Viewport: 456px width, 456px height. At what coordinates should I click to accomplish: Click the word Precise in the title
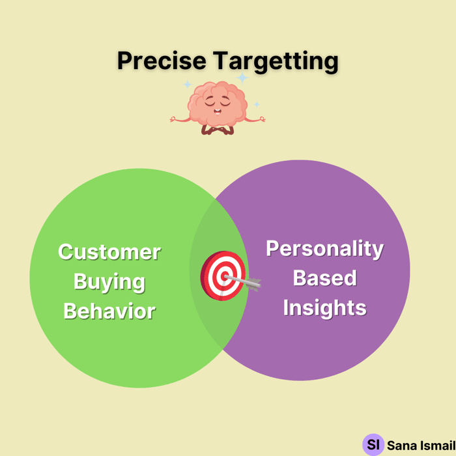[162, 61]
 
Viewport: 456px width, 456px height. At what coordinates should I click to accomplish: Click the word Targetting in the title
[276, 62]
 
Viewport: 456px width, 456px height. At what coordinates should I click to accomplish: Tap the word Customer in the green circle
[109, 252]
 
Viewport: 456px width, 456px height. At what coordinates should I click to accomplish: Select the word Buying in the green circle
[109, 282]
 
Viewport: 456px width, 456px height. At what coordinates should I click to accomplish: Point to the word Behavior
[109, 311]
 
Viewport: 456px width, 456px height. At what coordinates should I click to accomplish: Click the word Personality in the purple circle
[325, 249]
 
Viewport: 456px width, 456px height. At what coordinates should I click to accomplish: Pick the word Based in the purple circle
[325, 278]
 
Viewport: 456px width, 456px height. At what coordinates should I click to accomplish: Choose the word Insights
[325, 307]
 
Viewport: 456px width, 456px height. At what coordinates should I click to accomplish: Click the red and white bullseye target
[223, 276]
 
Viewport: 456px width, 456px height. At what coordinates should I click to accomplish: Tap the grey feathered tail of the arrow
[253, 283]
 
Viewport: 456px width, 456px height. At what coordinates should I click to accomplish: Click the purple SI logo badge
[373, 444]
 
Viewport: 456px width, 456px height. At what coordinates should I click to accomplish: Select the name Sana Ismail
[421, 446]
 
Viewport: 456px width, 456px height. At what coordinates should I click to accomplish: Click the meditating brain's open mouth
[217, 111]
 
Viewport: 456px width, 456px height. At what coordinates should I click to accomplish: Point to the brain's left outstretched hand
[173, 119]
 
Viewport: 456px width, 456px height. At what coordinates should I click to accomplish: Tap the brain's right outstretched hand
[262, 119]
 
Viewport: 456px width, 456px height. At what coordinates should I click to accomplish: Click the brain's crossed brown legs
[218, 130]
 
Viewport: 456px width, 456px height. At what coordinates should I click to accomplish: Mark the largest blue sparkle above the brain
[242, 78]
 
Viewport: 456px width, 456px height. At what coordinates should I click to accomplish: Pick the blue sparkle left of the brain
[188, 84]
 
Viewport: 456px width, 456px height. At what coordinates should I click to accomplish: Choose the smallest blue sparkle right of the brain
[257, 104]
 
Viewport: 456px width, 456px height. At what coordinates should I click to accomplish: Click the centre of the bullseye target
[225, 276]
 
